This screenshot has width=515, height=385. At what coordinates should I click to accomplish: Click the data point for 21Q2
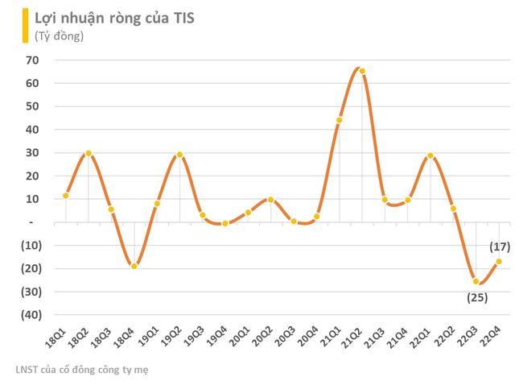tap(362, 71)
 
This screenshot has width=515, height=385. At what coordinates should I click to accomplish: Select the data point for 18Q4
tap(134, 266)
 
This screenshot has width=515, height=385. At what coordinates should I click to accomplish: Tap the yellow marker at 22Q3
tap(476, 281)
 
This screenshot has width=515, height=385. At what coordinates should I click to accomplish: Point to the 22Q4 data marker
tap(499, 261)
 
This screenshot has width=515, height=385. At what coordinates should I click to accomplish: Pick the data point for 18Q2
tap(89, 153)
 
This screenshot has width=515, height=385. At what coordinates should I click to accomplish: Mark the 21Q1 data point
tap(340, 120)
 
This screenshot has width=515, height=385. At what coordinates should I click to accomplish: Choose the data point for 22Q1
tap(431, 155)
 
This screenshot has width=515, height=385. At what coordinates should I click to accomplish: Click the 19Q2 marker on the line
tap(179, 155)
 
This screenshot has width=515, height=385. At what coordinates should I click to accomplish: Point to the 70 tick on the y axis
tap(33, 60)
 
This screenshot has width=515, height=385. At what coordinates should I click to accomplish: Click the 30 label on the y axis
tap(33, 152)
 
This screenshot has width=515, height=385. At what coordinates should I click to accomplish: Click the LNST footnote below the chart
tap(81, 370)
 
